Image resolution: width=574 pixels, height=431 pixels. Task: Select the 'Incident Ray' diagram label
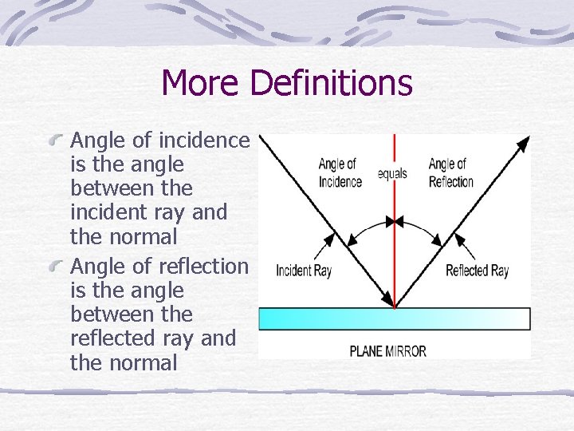point(304,271)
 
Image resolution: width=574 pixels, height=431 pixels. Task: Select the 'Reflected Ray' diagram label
point(477,271)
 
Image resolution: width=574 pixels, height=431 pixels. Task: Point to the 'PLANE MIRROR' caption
point(387,350)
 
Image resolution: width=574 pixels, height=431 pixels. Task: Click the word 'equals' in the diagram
point(392,173)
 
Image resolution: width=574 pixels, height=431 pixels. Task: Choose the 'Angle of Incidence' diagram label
point(340,173)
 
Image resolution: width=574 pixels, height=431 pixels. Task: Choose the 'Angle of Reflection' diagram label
point(451,173)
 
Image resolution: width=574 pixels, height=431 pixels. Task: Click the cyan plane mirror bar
point(394,318)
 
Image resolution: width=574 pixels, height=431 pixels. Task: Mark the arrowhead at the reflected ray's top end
point(523,144)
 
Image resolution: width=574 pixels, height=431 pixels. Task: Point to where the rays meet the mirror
point(395,306)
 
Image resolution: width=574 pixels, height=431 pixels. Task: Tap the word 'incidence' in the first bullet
point(205,140)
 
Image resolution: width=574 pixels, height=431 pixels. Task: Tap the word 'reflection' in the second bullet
point(204,267)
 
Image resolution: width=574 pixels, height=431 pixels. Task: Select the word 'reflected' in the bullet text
point(118,338)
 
